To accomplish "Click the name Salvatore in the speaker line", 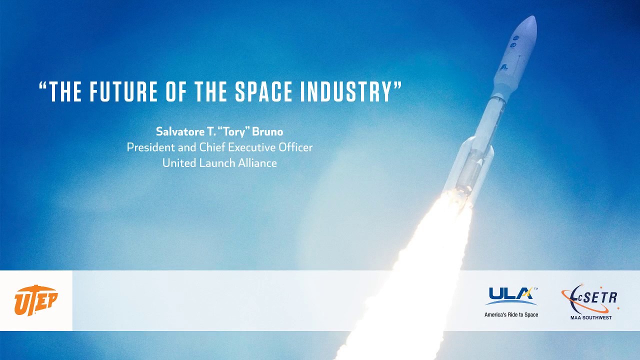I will pyautogui.click(x=177, y=132).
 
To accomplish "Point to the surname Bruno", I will pyautogui.click(x=267, y=132).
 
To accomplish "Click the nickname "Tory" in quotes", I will pyautogui.click(x=233, y=132).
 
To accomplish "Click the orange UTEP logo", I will pyautogui.click(x=36, y=300).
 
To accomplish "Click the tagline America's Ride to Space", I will pyautogui.click(x=511, y=314).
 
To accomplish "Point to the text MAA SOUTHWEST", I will pyautogui.click(x=590, y=317).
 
